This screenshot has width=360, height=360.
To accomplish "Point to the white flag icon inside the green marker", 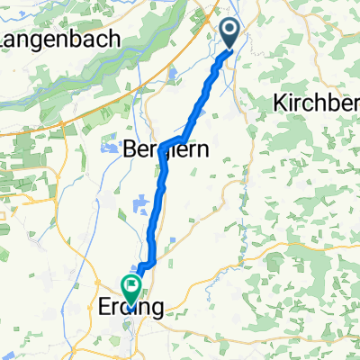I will click(132, 288).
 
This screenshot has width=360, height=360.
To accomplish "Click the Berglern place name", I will click(164, 151).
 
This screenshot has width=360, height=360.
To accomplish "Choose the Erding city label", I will click(129, 308).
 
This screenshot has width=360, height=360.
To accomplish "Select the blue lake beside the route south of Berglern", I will click(140, 206).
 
